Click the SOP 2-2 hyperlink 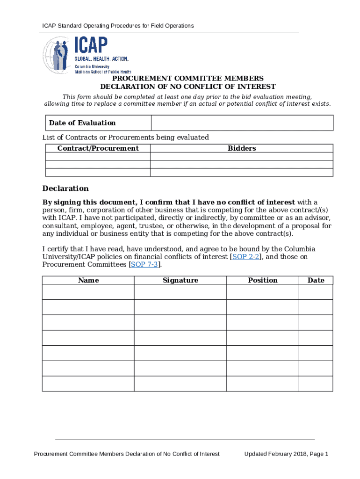[246, 257]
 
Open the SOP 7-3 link [145, 265]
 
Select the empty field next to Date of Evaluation [242, 123]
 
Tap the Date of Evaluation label [82, 123]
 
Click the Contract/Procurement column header [98, 148]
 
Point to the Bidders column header [242, 148]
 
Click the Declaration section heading [65, 189]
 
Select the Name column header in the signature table [88, 280]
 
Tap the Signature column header [180, 280]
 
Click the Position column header [262, 280]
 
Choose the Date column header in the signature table [316, 280]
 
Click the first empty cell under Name [88, 292]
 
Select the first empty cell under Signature [180, 292]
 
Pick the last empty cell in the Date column [316, 384]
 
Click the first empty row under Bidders [242, 157]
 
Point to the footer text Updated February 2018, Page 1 [286, 454]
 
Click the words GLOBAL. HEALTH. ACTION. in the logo [101, 59]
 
